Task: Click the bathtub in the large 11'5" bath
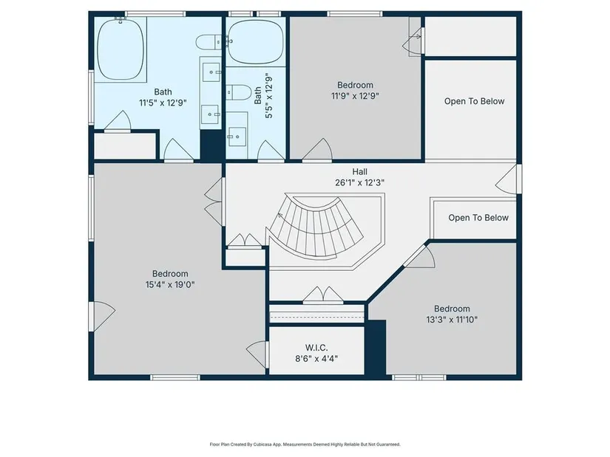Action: point(121,49)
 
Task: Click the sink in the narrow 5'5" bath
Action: point(237,137)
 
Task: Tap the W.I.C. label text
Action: point(316,348)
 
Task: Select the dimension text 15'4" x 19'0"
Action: point(170,284)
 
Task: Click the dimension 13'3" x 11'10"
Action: point(452,320)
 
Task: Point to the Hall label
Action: point(360,171)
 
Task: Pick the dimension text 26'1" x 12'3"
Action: point(360,182)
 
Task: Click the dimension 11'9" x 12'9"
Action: point(355,95)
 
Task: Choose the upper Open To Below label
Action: point(474,101)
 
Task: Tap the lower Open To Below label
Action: point(478,218)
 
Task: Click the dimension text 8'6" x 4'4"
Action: point(316,358)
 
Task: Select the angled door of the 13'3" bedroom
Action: point(419,256)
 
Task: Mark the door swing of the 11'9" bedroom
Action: point(317,150)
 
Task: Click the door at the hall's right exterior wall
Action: point(509,179)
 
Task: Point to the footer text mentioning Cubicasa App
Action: point(305,444)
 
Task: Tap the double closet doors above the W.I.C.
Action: point(323,295)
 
